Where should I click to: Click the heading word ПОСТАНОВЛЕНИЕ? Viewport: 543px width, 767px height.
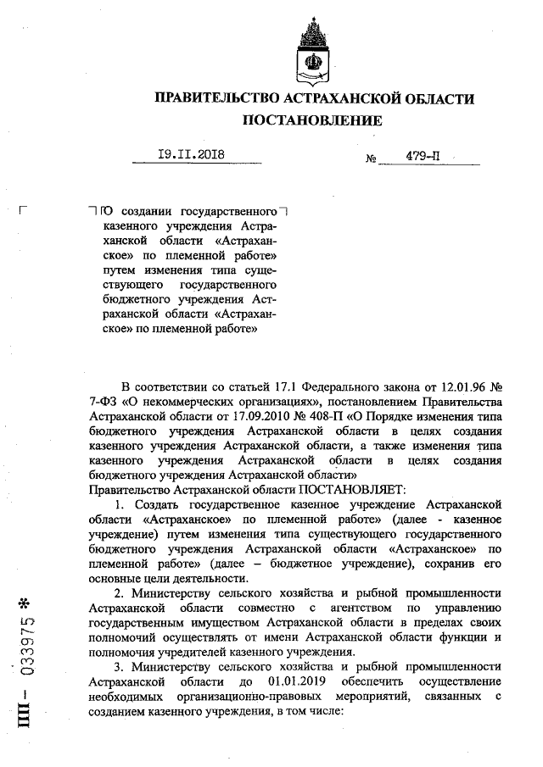click(313, 120)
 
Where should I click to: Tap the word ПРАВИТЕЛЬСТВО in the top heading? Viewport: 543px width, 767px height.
click(220, 99)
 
